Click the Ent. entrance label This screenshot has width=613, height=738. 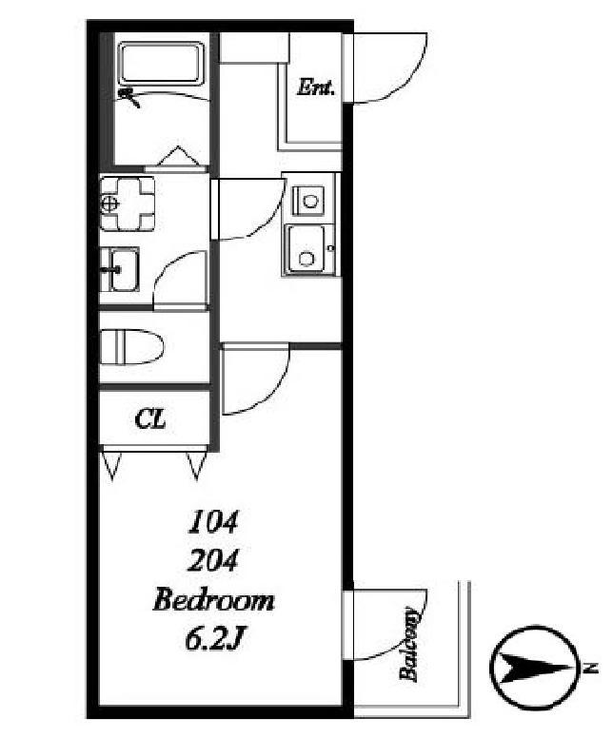pyautogui.click(x=316, y=87)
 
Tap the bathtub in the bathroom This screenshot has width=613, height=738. pyautogui.click(x=161, y=64)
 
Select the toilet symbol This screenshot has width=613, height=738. pyautogui.click(x=132, y=346)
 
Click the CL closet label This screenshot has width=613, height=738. pyautogui.click(x=149, y=418)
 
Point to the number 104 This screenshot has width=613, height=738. pyautogui.click(x=212, y=522)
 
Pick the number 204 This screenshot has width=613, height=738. pyautogui.click(x=212, y=560)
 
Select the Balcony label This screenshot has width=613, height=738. pyautogui.click(x=408, y=645)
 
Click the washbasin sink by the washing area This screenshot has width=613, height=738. pyautogui.click(x=120, y=269)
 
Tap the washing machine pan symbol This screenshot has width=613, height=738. pyautogui.click(x=128, y=204)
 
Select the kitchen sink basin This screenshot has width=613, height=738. pyautogui.click(x=306, y=249)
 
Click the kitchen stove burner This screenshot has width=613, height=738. pyautogui.click(x=309, y=201)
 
